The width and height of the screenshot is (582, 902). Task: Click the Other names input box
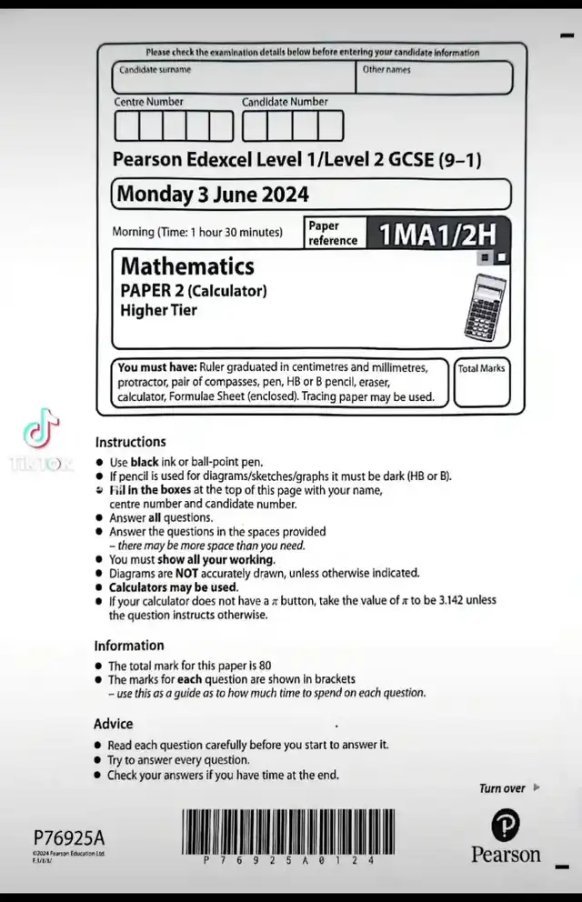(x=434, y=78)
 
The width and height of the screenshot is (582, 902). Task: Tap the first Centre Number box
(x=126, y=125)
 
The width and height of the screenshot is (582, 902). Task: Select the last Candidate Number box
(x=330, y=125)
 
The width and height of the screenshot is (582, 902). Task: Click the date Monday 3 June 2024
(x=213, y=195)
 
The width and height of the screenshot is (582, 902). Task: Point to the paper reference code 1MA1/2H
(x=437, y=234)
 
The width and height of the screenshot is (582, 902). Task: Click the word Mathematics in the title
(x=187, y=266)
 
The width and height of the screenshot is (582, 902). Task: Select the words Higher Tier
(x=158, y=310)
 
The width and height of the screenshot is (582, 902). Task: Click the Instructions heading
(x=130, y=442)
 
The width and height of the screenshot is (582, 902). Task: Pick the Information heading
(x=128, y=646)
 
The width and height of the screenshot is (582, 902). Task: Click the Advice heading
(x=113, y=724)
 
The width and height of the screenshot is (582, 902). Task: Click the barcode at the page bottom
(x=288, y=830)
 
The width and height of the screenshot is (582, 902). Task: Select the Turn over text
(x=502, y=788)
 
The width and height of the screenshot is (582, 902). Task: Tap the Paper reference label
(x=333, y=233)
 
